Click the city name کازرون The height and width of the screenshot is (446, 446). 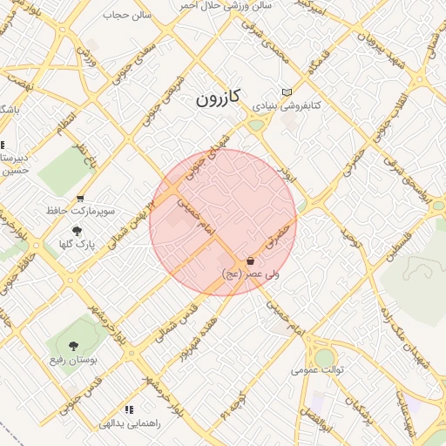(217, 98)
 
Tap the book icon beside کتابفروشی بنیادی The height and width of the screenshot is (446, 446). (287, 92)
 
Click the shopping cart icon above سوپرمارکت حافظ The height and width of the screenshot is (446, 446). (81, 199)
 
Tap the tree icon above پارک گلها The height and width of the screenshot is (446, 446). (78, 231)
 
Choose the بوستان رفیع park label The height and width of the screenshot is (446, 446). (72, 359)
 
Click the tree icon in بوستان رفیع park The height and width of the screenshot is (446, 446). (72, 347)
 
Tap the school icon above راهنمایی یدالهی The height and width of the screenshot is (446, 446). (130, 409)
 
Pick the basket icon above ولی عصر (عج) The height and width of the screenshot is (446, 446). (251, 260)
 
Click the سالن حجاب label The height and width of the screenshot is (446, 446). (126, 15)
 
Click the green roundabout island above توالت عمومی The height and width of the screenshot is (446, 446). (324, 356)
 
